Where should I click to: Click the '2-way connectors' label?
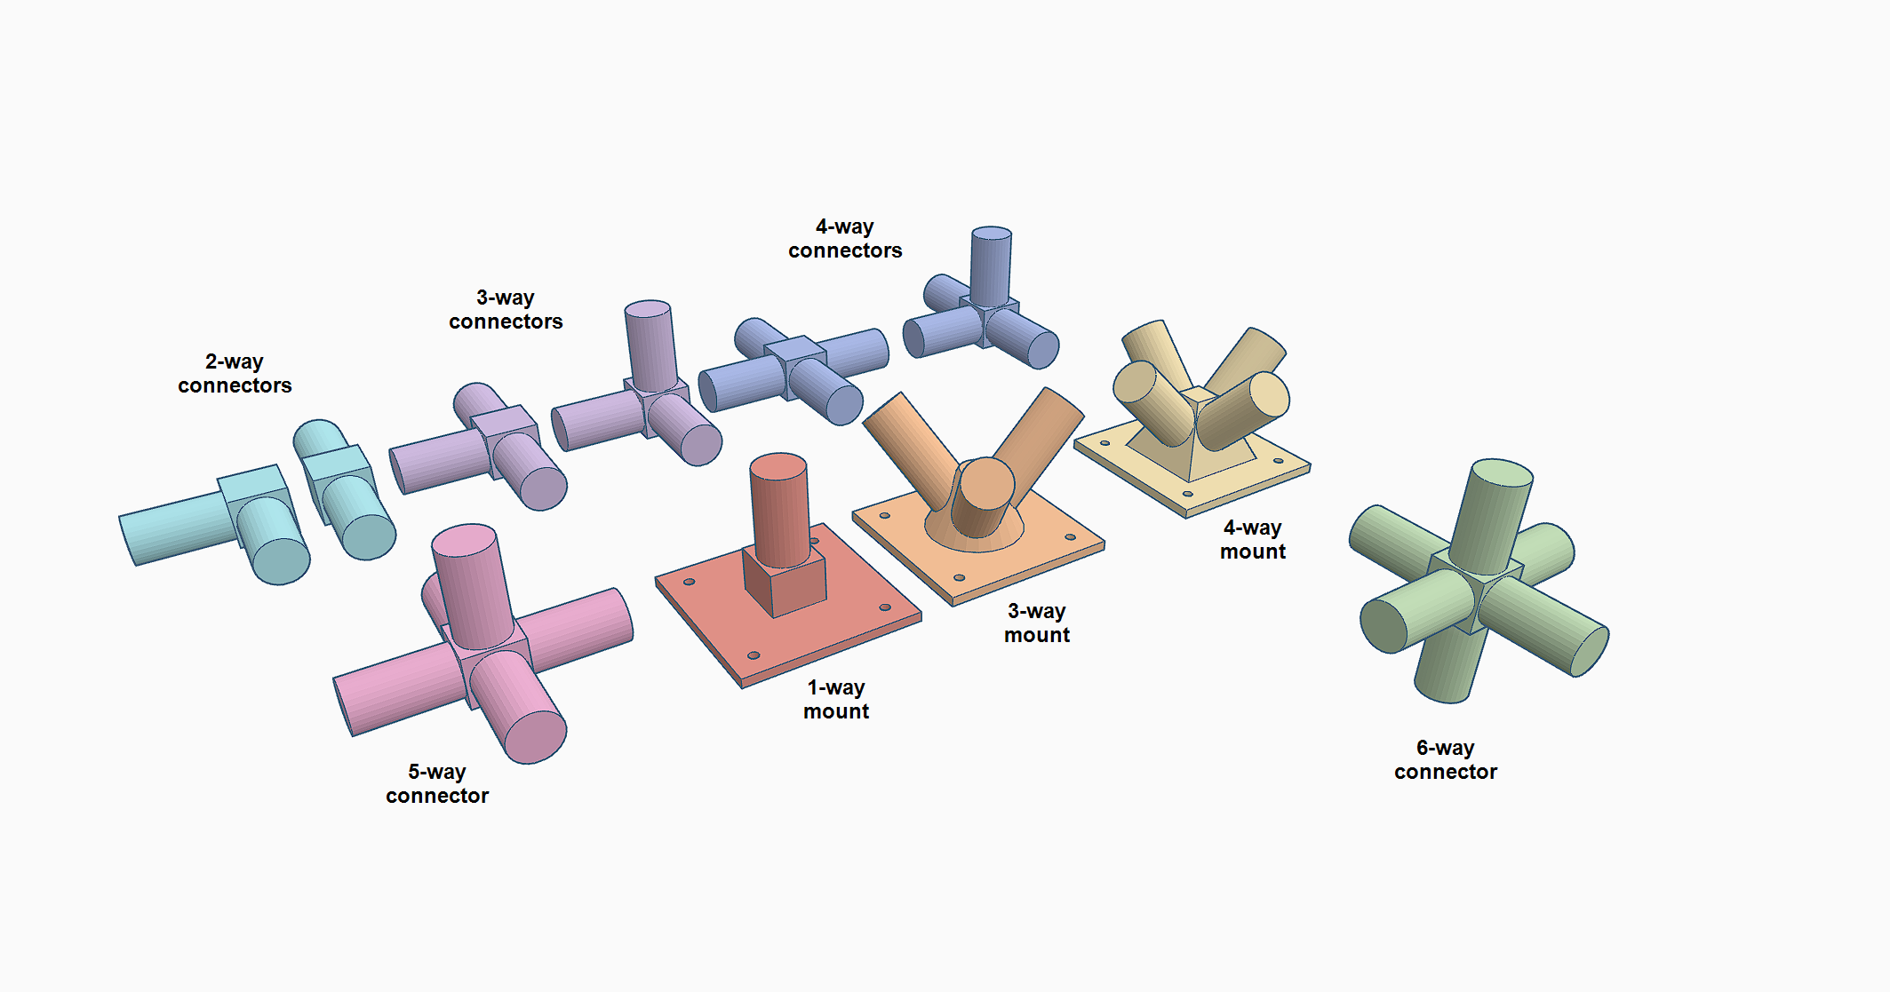(x=235, y=373)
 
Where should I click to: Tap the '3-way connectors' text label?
(x=506, y=309)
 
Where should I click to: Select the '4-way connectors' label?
(x=845, y=238)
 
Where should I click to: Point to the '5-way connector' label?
(x=437, y=783)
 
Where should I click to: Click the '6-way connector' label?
(x=1446, y=759)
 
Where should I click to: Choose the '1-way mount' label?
(x=836, y=699)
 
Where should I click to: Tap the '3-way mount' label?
(x=1037, y=623)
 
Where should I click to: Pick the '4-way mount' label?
(x=1253, y=539)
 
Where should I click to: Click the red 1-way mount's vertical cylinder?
(x=779, y=510)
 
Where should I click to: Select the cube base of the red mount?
(x=785, y=581)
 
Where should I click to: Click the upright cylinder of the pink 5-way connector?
(x=472, y=586)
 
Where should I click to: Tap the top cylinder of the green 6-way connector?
(x=1492, y=515)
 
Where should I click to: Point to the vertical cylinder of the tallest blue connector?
(x=990, y=266)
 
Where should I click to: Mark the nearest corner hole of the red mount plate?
(x=754, y=655)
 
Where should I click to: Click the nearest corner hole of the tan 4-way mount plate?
(x=1188, y=494)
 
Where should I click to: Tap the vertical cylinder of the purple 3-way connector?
(x=650, y=346)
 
